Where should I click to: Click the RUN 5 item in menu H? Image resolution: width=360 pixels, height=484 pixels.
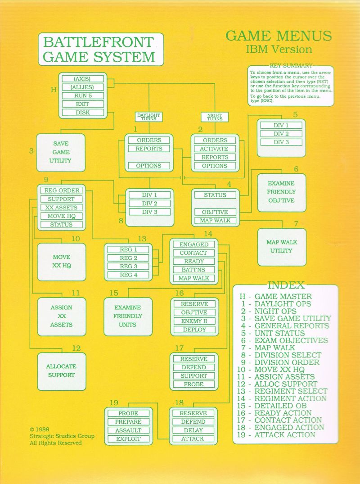[83, 96]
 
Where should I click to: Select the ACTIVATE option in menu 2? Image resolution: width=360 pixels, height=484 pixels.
[215, 149]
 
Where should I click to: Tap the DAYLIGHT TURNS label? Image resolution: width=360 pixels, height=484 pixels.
[148, 117]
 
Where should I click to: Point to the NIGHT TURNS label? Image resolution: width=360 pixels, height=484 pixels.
[214, 117]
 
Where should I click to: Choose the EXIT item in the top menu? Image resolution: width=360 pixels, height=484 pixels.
[83, 104]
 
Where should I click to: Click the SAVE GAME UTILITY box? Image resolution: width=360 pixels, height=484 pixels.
[61, 153]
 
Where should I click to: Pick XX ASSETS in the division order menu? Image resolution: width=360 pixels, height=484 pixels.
[61, 208]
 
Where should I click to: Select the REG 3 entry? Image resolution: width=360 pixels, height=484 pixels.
[128, 266]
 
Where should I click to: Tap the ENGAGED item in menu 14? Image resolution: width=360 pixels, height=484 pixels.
[194, 244]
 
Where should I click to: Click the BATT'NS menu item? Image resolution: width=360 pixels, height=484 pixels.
[194, 270]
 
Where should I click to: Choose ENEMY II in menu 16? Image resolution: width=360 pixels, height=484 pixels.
[194, 321]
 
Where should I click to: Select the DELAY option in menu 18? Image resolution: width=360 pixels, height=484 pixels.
[193, 430]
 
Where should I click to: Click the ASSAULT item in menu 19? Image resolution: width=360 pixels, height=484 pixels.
[128, 430]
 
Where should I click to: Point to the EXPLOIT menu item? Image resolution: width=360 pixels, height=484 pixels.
[128, 439]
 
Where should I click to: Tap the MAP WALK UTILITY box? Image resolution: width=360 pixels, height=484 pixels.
[282, 247]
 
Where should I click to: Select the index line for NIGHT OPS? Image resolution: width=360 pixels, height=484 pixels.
[269, 311]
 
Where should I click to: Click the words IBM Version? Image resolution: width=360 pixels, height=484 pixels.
[279, 50]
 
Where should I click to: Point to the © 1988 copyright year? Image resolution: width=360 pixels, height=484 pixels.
[40, 430]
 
